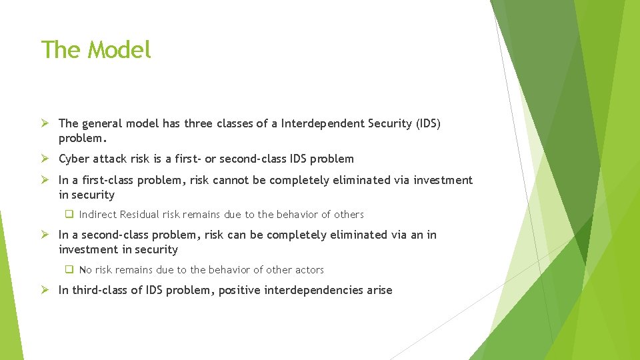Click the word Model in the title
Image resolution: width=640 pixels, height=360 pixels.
point(120,50)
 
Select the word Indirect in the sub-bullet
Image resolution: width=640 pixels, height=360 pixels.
point(98,215)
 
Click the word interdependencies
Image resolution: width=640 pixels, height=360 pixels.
point(311,290)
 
